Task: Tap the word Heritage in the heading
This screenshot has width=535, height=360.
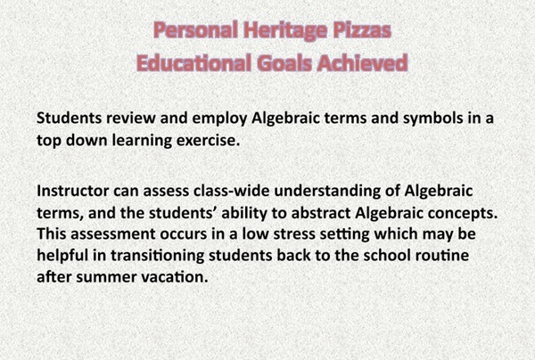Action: tap(283, 34)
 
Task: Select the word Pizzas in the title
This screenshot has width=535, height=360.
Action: tap(358, 34)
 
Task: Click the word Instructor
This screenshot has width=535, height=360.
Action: tap(76, 191)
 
